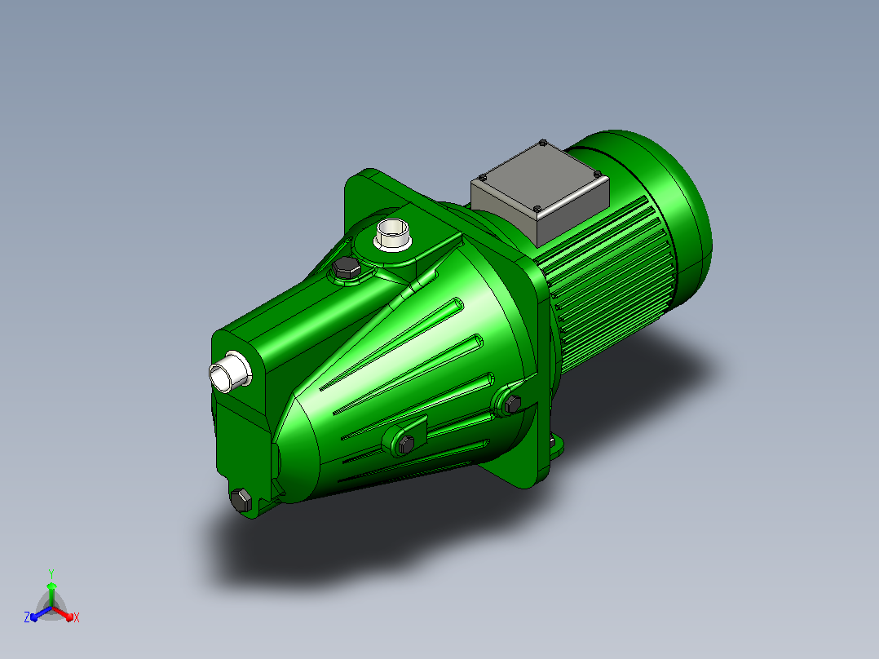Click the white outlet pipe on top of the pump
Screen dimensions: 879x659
point(392,235)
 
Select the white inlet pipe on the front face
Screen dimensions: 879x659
point(230,372)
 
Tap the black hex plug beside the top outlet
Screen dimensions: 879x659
point(346,269)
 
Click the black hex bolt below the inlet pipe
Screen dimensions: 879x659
point(241,500)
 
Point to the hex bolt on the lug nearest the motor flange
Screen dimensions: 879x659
point(512,403)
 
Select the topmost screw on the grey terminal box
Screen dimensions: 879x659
point(543,143)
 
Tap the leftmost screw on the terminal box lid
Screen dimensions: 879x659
point(482,178)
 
